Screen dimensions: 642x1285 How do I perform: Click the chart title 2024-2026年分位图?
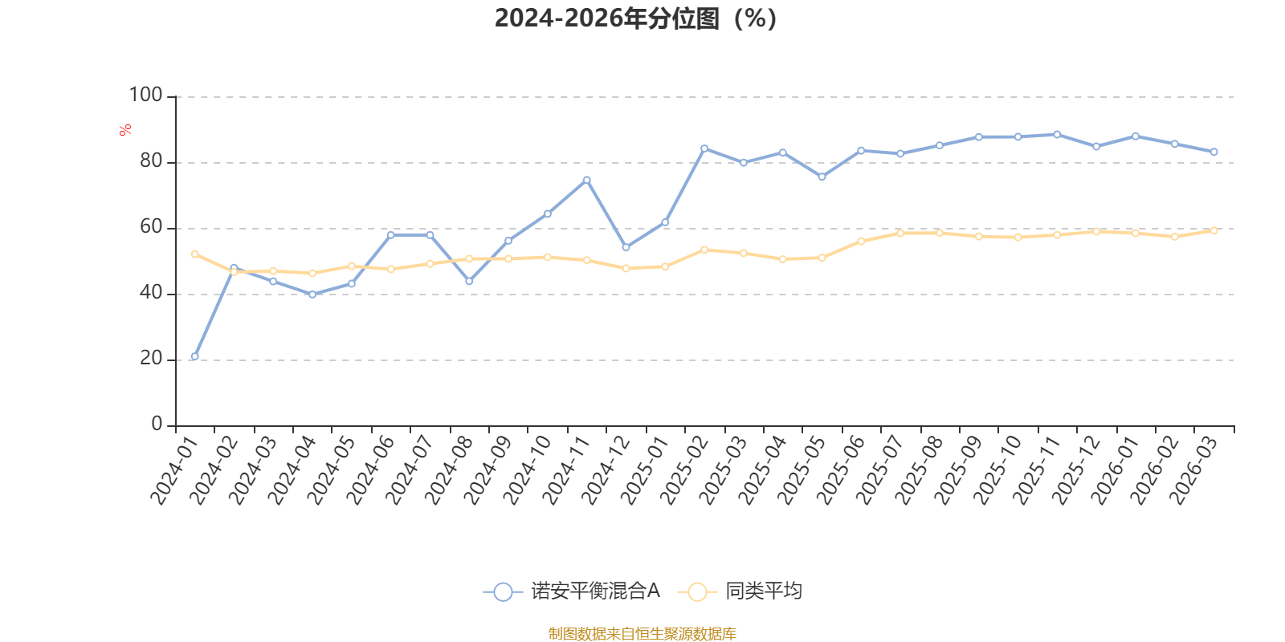pyautogui.click(x=635, y=18)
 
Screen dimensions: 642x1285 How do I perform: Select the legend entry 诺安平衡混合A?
pyautogui.click(x=572, y=591)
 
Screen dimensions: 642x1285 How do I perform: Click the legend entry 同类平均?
pyautogui.click(x=740, y=591)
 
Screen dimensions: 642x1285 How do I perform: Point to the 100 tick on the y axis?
pyautogui.click(x=145, y=95)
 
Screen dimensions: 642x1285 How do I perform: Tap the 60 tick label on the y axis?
pyautogui.click(x=151, y=227)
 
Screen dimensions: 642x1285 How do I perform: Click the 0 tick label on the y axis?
pyautogui.click(x=157, y=425)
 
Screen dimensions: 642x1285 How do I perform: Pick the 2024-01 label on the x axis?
pyautogui.click(x=174, y=471)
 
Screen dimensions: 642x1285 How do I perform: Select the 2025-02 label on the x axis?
pyautogui.click(x=684, y=471)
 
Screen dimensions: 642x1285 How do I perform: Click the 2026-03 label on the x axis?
pyautogui.click(x=1194, y=471)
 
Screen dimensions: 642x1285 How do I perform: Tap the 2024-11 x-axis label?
pyautogui.click(x=566, y=471)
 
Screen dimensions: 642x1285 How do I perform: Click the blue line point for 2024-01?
pyautogui.click(x=194, y=356)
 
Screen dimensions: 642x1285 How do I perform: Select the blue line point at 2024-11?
pyautogui.click(x=586, y=180)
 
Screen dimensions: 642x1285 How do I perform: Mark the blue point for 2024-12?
pyautogui.click(x=626, y=247)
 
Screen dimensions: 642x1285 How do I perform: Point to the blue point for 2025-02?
pyautogui.click(x=704, y=148)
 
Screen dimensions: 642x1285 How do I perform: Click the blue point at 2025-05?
pyautogui.click(x=822, y=177)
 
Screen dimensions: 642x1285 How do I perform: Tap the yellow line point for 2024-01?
pyautogui.click(x=194, y=254)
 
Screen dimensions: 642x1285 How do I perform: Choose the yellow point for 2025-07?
pyautogui.click(x=900, y=233)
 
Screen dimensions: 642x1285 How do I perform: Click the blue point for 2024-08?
pyautogui.click(x=469, y=281)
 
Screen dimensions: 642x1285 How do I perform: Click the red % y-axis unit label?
pyautogui.click(x=124, y=130)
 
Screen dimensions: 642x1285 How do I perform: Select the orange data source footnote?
pyautogui.click(x=642, y=634)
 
